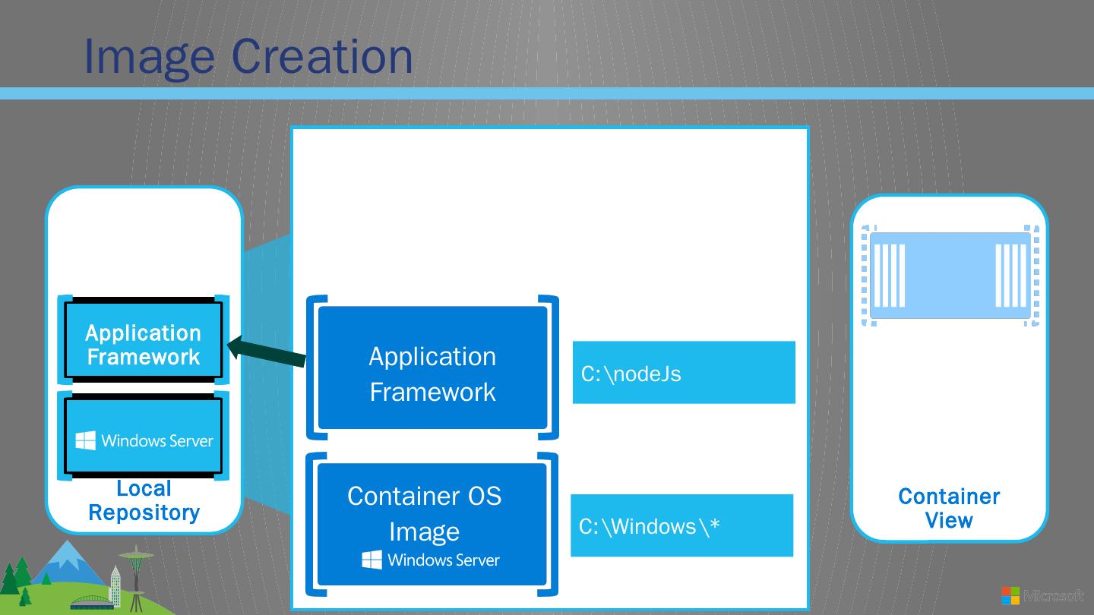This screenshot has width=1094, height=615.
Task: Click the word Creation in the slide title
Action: [x=322, y=55]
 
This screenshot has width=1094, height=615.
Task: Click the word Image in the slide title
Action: [x=149, y=55]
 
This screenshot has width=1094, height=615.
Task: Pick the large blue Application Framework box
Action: [x=432, y=367]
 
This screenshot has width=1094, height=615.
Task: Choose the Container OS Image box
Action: [x=432, y=524]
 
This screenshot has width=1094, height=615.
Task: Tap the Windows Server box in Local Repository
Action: [x=144, y=436]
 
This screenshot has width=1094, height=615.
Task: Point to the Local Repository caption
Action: [x=144, y=500]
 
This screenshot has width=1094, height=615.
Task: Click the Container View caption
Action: [x=949, y=508]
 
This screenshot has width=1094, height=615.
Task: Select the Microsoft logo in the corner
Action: [x=1010, y=595]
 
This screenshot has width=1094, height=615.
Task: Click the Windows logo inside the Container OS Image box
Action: [x=372, y=560]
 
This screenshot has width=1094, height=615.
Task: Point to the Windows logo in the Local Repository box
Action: [x=86, y=440]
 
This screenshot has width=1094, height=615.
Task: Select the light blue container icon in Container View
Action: [x=950, y=276]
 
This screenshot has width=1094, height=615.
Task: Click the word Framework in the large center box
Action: [x=432, y=392]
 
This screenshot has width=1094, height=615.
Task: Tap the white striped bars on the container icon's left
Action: [x=890, y=275]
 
